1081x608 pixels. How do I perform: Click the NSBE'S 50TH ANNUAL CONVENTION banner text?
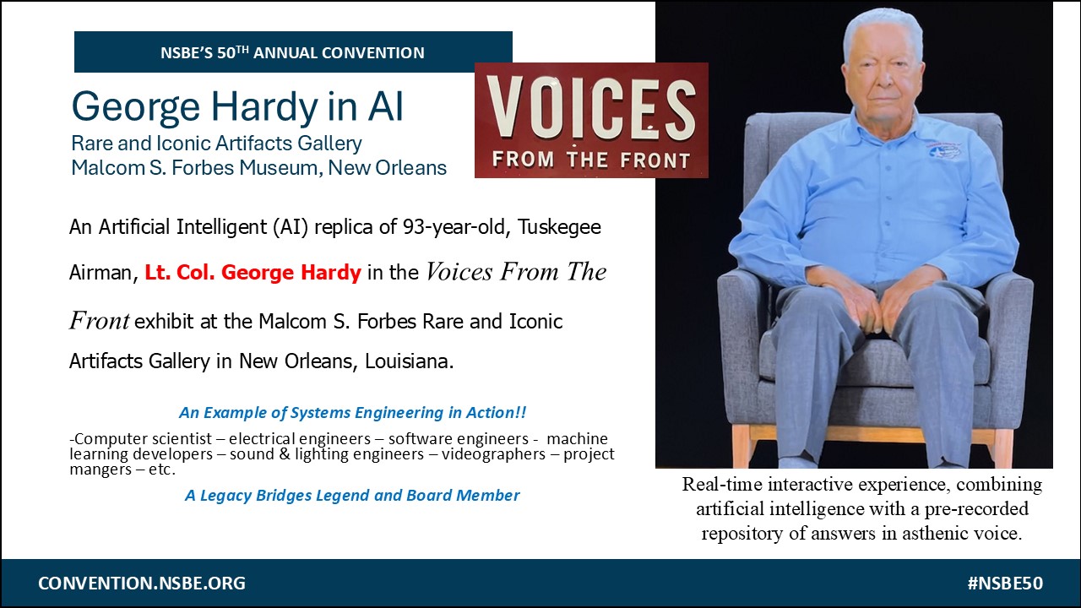point(292,52)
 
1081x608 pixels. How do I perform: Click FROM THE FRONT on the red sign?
point(591,160)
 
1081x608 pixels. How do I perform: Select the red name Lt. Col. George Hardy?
point(253,273)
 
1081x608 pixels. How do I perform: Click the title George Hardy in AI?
point(237,107)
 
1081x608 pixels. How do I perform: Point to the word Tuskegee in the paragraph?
point(559,227)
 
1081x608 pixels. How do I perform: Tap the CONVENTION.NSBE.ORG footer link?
point(142,583)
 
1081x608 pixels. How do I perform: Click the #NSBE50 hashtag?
point(1005,583)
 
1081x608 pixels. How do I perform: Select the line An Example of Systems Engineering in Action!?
point(352,413)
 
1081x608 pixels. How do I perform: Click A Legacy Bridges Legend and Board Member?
point(352,495)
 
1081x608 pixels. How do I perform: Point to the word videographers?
point(493,454)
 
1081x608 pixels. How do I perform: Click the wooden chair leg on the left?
point(741,445)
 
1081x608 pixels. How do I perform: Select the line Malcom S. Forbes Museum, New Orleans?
point(258,168)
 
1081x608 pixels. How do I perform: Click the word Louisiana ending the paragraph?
point(410,361)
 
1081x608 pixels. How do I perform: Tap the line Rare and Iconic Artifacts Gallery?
point(217,144)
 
